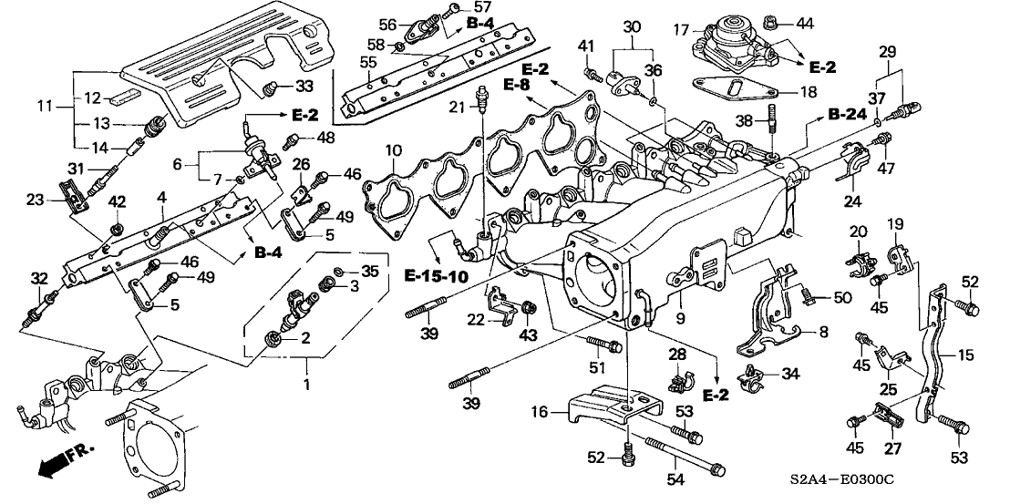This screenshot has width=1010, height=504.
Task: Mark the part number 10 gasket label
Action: (393, 149)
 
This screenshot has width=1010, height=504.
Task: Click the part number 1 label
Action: (307, 386)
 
